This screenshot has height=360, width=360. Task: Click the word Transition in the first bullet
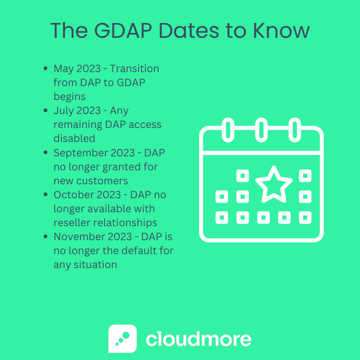tap(135, 69)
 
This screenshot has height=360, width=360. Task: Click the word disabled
tap(75, 138)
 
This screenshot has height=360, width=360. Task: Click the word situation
tap(94, 264)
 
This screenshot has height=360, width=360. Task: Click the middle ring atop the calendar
tap(261, 128)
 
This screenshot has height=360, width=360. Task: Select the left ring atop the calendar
tap(228, 128)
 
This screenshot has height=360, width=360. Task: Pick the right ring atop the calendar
tap(294, 128)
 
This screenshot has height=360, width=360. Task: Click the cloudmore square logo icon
tap(123, 338)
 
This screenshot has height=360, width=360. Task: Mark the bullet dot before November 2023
tap(45, 237)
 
